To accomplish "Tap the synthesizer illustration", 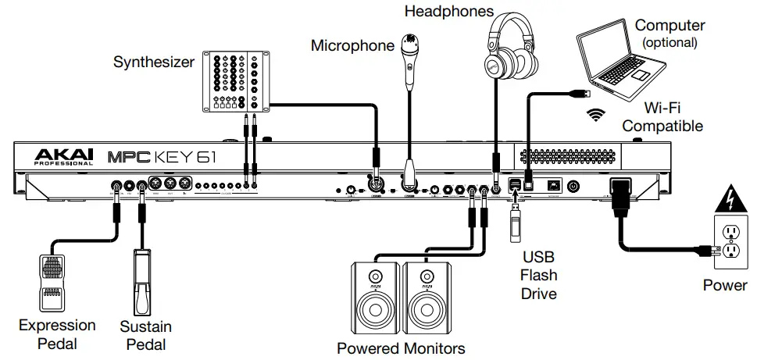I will (x=234, y=81).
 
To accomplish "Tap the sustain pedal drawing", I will (x=144, y=281).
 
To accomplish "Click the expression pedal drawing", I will (x=54, y=280).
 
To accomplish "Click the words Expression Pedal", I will (x=57, y=333).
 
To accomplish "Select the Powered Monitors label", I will (x=401, y=348).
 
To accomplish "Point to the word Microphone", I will (x=352, y=46).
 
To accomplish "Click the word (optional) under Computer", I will (x=668, y=43).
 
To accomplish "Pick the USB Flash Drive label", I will (x=539, y=275).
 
